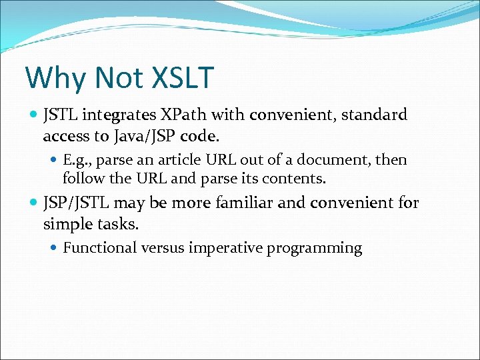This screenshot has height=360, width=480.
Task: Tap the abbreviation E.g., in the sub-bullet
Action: pyautogui.click(x=78, y=160)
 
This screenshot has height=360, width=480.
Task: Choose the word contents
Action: pyautogui.click(x=297, y=179)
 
